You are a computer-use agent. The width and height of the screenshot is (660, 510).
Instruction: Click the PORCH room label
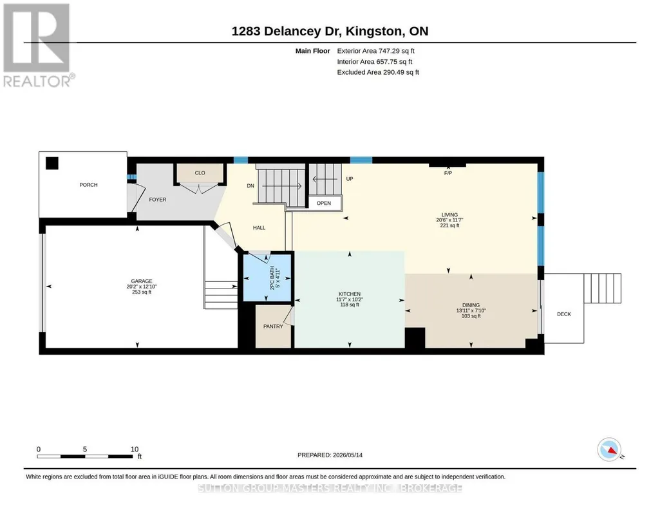click(88, 185)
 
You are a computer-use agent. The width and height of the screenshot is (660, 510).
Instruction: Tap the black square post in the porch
click(52, 163)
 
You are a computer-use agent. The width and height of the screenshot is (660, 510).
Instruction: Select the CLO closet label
click(200, 173)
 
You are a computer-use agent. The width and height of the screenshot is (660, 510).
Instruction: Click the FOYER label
click(157, 200)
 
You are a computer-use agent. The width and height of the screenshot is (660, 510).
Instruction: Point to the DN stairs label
click(250, 185)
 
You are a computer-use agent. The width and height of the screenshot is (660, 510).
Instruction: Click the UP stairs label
click(350, 178)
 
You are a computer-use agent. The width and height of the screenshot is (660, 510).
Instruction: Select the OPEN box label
click(324, 203)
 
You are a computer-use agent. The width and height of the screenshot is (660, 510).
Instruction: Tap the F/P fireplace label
click(448, 173)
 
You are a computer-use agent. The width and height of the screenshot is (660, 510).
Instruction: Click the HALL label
click(259, 228)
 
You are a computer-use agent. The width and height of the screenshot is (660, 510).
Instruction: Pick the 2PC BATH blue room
click(268, 278)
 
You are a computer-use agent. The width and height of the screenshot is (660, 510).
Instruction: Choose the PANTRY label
click(273, 326)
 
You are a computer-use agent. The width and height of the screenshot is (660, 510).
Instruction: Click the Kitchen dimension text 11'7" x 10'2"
click(350, 299)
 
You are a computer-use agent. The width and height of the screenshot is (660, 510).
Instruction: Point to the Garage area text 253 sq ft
click(142, 292)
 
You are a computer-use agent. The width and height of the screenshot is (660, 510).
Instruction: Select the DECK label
click(564, 314)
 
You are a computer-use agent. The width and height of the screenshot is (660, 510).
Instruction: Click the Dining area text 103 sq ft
click(471, 316)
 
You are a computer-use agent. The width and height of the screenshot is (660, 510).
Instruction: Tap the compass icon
click(609, 450)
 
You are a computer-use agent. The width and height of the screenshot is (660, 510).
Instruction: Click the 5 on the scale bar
click(84, 449)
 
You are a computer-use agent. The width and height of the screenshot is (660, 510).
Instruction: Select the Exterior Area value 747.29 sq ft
click(397, 51)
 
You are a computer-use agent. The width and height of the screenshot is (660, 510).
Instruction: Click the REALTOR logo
click(39, 45)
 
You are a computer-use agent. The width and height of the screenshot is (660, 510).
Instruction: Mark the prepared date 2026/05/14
click(348, 455)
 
